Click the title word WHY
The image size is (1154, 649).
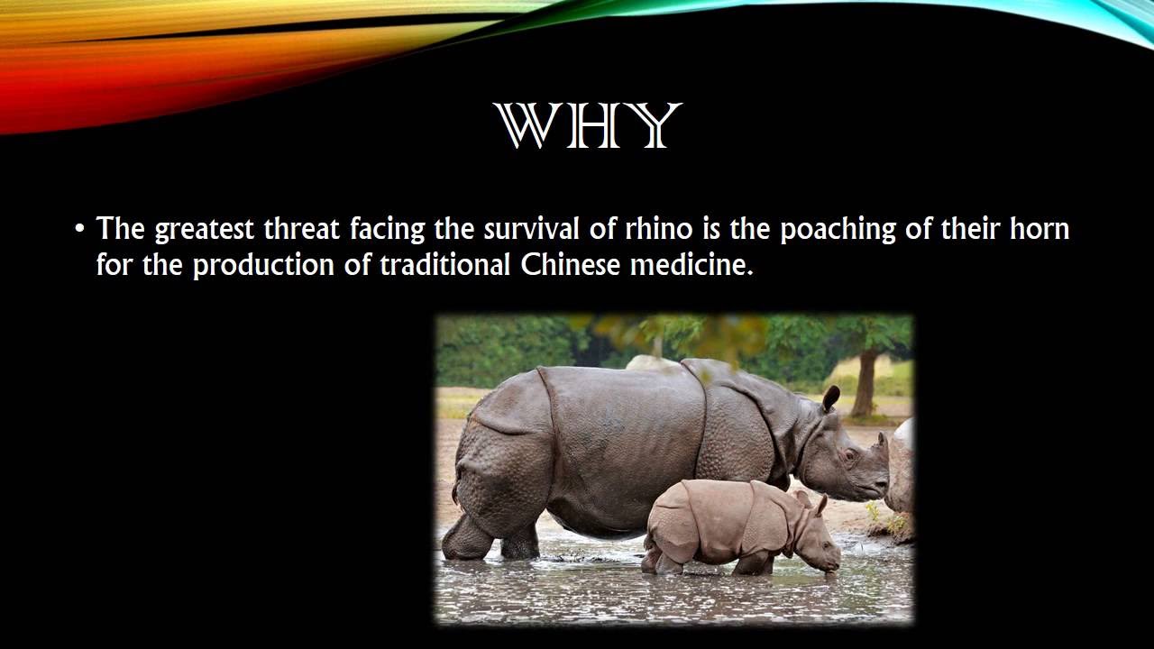pos(587,126)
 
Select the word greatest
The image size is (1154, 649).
pos(205,230)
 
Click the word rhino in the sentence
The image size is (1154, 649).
pos(658,229)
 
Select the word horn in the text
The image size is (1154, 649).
pos(1039,229)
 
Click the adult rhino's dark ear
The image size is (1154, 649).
pos(830,398)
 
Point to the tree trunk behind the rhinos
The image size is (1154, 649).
pos(865,383)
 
